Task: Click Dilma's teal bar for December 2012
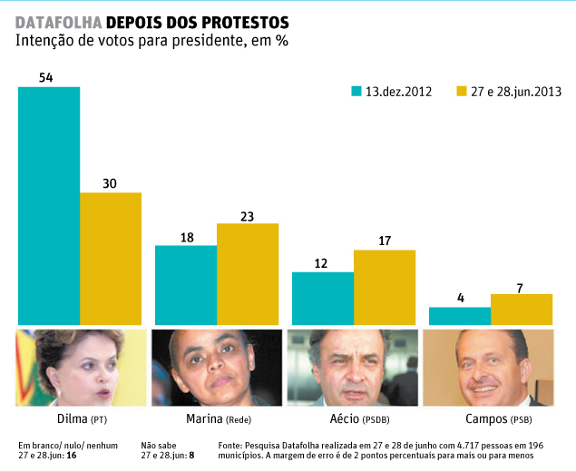pyautogui.click(x=49, y=205)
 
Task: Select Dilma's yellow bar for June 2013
pyautogui.click(x=111, y=258)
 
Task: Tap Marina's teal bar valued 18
pyautogui.click(x=186, y=284)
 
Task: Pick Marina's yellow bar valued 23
pyautogui.click(x=248, y=273)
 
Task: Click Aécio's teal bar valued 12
pyautogui.click(x=322, y=298)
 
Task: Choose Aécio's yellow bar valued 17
pyautogui.click(x=384, y=287)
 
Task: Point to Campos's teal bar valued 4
pyautogui.click(x=459, y=316)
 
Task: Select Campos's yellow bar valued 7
pyautogui.click(x=521, y=309)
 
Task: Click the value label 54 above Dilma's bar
pyautogui.click(x=46, y=78)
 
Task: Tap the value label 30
pyautogui.click(x=110, y=183)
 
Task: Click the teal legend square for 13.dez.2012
pyautogui.click(x=356, y=91)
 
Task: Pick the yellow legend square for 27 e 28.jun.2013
pyautogui.click(x=461, y=91)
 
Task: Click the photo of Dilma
pyautogui.click(x=83, y=367)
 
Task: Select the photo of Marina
pyautogui.click(x=217, y=367)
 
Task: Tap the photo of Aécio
pyautogui.click(x=353, y=367)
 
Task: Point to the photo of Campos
pyautogui.click(x=489, y=367)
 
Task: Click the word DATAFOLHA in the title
pyautogui.click(x=58, y=20)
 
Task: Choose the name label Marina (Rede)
pyautogui.click(x=217, y=420)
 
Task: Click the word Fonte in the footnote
pyautogui.click(x=232, y=445)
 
